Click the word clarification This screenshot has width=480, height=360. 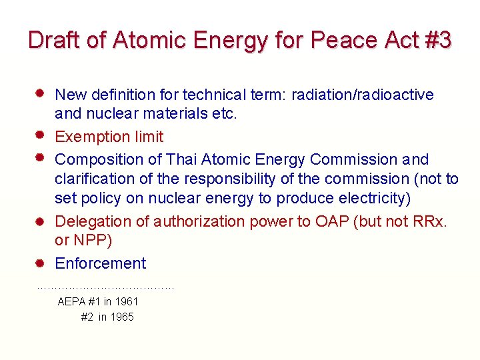93,179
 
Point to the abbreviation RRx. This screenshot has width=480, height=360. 432,221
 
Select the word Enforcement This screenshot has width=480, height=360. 101,263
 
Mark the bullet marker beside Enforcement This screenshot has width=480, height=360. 40,263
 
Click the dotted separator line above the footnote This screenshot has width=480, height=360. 105,288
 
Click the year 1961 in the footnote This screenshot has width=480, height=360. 127,302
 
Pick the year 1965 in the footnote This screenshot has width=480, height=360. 122,317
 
